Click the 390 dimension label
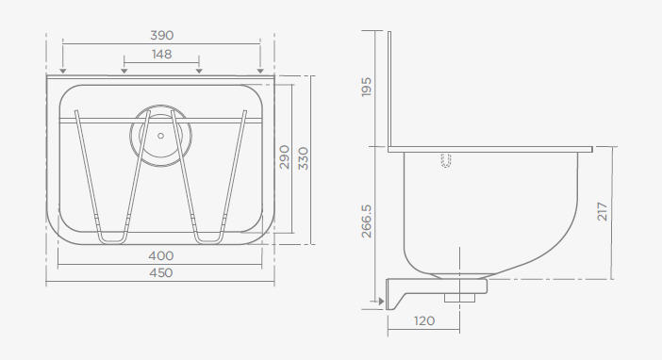click(161, 36)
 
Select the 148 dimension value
click(161, 55)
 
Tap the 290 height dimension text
click(285, 157)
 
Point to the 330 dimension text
click(304, 158)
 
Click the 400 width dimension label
click(161, 255)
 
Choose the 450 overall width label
click(161, 273)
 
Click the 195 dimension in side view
click(367, 87)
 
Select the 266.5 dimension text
click(367, 221)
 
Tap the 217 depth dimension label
click(603, 211)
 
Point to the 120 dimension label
click(423, 321)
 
